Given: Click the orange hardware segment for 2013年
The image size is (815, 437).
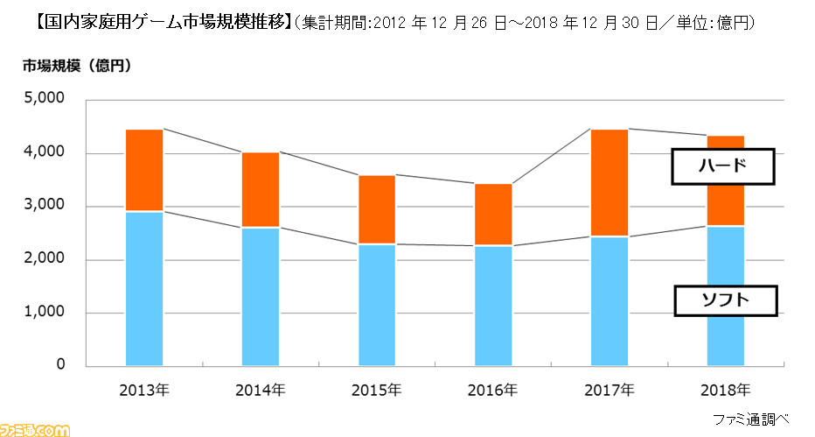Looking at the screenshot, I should (x=144, y=170).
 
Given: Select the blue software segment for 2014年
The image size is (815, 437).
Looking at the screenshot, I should (x=261, y=296).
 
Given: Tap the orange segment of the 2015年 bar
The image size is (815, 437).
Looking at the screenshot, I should (x=377, y=209).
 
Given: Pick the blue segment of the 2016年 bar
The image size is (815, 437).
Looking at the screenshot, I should (x=493, y=305).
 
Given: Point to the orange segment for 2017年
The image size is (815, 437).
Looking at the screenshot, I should (x=609, y=182).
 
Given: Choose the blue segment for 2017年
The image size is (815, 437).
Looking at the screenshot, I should (x=609, y=300).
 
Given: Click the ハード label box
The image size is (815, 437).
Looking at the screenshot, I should (x=722, y=166).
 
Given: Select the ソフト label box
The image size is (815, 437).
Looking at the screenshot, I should (x=726, y=301).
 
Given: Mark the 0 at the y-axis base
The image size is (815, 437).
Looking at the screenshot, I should (x=59, y=365).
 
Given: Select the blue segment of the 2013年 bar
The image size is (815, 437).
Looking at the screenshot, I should (x=144, y=288).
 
